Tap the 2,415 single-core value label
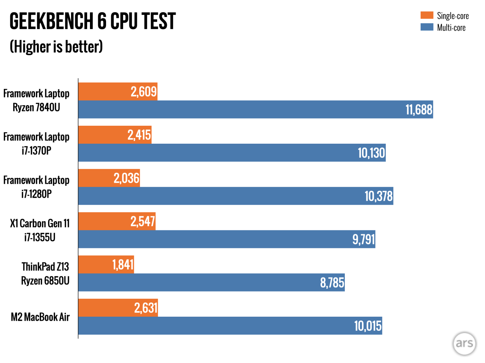(x=139, y=135)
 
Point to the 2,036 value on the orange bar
(x=126, y=178)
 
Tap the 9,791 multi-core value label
(x=363, y=239)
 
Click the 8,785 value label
(x=332, y=283)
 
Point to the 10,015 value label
(x=368, y=326)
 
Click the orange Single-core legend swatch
(x=427, y=15)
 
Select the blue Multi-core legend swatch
(x=427, y=27)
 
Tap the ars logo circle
(x=464, y=344)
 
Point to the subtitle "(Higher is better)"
(x=56, y=47)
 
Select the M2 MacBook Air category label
(x=40, y=317)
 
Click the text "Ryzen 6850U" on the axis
(x=45, y=280)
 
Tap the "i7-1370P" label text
(x=36, y=151)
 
